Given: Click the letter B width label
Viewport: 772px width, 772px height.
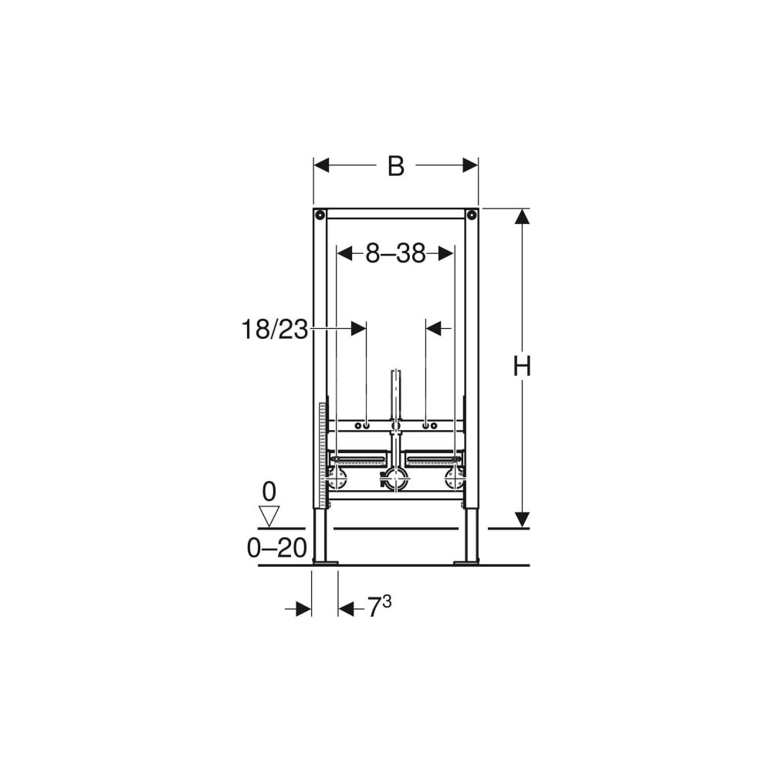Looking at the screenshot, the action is click(x=396, y=166).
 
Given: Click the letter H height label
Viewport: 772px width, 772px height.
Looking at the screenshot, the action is click(x=522, y=366).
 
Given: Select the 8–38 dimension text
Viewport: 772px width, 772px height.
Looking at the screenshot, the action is click(x=395, y=254).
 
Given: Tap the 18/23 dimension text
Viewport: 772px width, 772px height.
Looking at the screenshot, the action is click(x=274, y=329).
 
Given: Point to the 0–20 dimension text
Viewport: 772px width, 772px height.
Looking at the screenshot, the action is click(x=276, y=547).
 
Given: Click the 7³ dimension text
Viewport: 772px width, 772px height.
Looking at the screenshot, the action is click(x=380, y=607).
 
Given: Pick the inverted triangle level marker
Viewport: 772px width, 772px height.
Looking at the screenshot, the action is click(x=269, y=516).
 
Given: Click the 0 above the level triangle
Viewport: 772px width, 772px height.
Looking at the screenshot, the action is click(x=269, y=491).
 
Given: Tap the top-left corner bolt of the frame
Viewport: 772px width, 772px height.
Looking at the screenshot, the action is click(x=320, y=215).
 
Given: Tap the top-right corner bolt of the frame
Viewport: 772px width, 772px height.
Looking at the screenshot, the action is click(x=472, y=215).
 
